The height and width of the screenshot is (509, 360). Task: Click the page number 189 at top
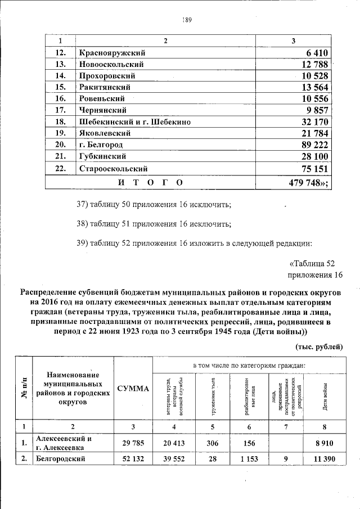[187, 20]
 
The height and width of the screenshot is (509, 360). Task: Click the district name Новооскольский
[111, 64]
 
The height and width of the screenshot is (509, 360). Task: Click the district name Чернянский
[102, 110]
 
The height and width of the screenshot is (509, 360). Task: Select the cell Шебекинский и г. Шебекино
[135, 121]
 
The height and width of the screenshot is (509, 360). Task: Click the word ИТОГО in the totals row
[150, 182]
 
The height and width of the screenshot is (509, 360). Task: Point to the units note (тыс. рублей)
[319, 346]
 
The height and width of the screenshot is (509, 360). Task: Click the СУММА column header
[133, 389]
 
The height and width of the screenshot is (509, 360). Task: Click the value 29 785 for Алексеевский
[133, 443]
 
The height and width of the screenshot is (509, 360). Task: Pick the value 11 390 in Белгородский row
[325, 459]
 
